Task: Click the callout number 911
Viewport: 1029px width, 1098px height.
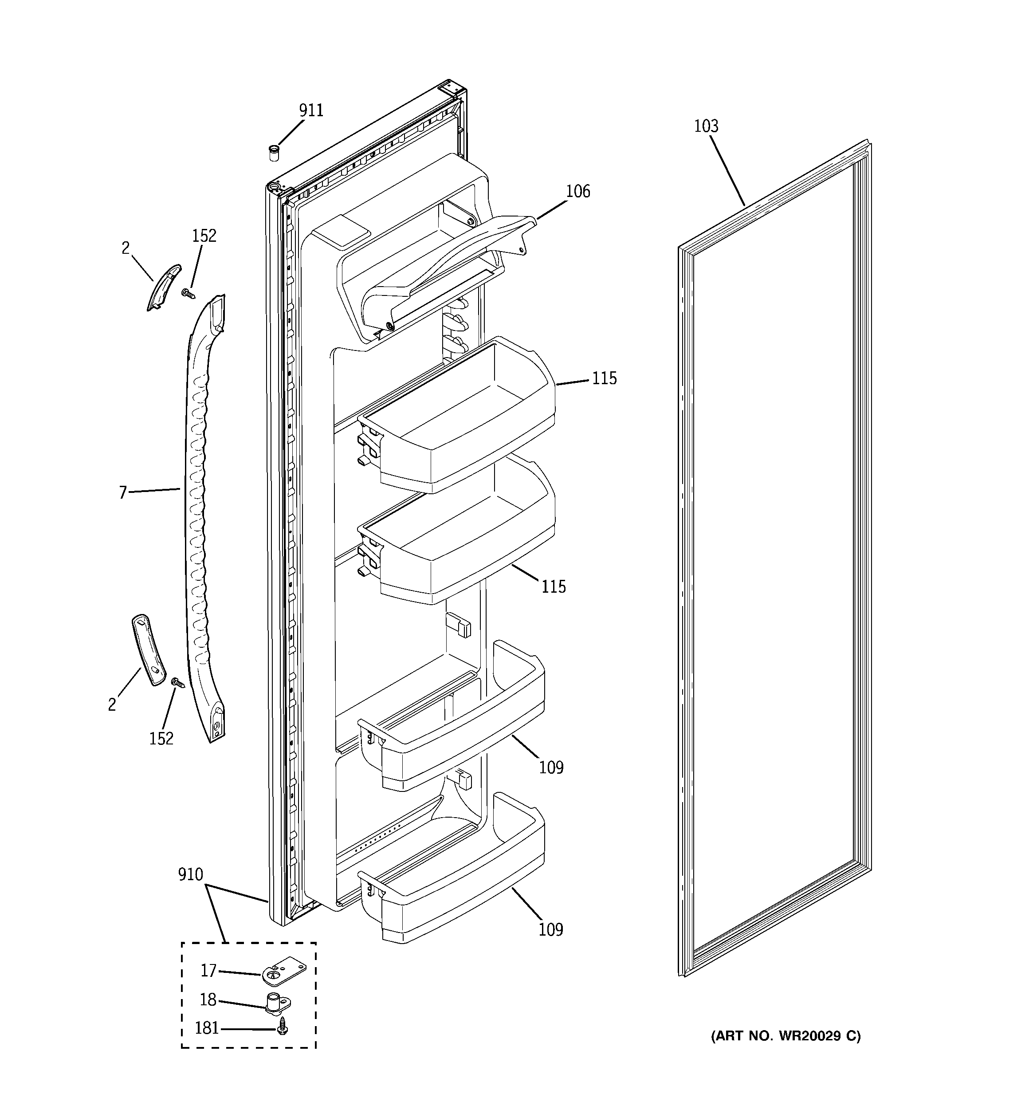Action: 311,110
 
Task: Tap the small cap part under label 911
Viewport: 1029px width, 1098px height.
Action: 273,153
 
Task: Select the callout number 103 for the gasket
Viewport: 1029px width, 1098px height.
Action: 706,126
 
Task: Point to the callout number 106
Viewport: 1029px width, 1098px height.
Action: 578,192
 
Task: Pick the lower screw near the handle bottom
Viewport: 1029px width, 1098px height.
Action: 178,683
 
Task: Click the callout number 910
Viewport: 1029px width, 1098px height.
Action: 191,874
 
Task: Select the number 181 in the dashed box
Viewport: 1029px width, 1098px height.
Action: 207,1028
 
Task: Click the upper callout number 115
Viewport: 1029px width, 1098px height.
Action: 604,379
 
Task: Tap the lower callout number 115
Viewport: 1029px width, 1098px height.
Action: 554,586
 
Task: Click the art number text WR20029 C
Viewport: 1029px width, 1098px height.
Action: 785,1036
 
